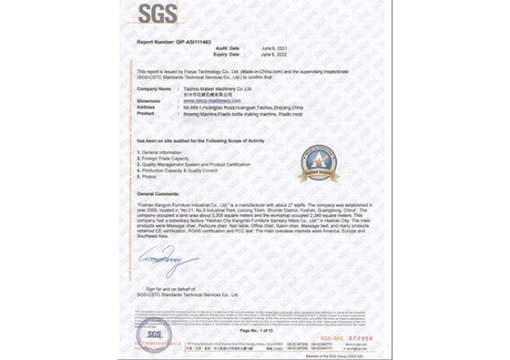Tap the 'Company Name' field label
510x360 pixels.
154,88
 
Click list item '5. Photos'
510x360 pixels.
150,176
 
